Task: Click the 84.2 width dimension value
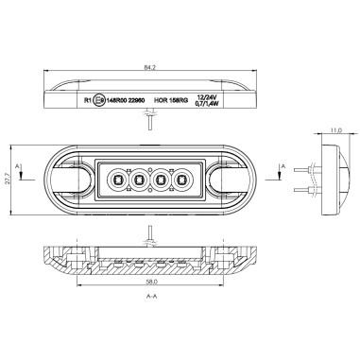149,68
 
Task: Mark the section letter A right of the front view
283,165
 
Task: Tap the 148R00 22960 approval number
127,97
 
